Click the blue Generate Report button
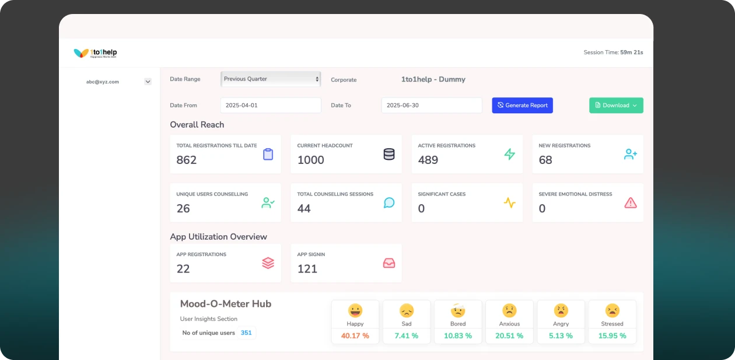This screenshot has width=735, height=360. pyautogui.click(x=522, y=106)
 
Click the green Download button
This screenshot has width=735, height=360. pyautogui.click(x=616, y=106)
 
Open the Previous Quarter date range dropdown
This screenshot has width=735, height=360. pyautogui.click(x=271, y=79)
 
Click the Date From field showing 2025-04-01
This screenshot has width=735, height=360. pyautogui.click(x=271, y=106)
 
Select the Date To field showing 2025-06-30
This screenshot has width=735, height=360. pyautogui.click(x=432, y=106)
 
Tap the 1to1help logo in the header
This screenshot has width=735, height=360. pyautogui.click(x=96, y=53)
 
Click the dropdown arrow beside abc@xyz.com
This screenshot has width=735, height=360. pyautogui.click(x=148, y=82)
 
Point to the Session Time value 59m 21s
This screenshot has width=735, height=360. pyautogui.click(x=632, y=53)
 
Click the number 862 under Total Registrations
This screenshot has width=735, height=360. pyautogui.click(x=187, y=160)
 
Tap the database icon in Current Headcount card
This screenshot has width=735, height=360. pyautogui.click(x=389, y=155)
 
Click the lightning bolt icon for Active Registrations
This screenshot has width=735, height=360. pyautogui.click(x=510, y=155)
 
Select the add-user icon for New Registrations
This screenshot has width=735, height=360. pyautogui.click(x=631, y=155)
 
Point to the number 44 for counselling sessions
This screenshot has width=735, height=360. pyautogui.click(x=304, y=208)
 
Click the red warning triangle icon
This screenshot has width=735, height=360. pyautogui.click(x=631, y=203)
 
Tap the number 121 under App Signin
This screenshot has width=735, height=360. pyautogui.click(x=307, y=269)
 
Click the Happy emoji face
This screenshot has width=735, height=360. pyautogui.click(x=355, y=310)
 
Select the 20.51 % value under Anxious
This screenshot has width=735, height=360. pyautogui.click(x=509, y=335)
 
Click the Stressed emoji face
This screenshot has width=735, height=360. pyautogui.click(x=612, y=310)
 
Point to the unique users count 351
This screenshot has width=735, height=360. pyautogui.click(x=246, y=333)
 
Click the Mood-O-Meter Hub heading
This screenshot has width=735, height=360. pyautogui.click(x=226, y=304)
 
